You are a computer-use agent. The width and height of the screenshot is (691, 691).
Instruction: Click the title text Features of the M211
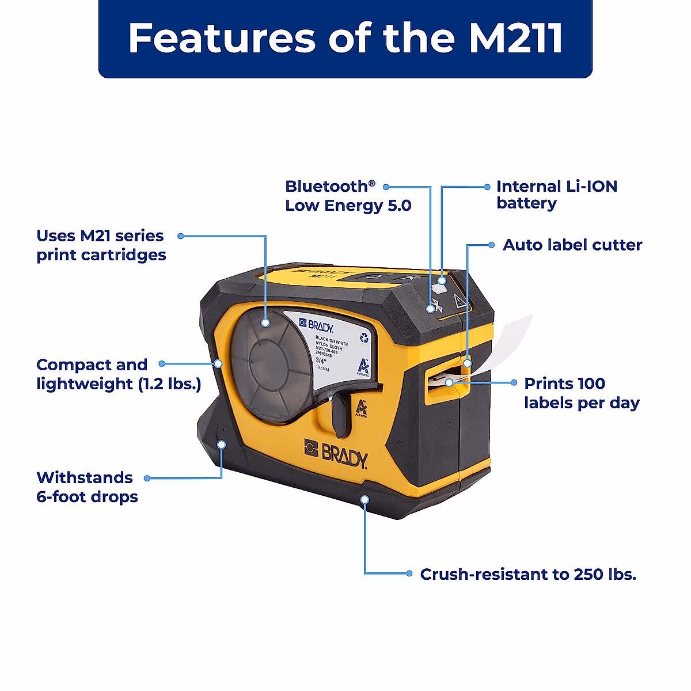(x=345, y=39)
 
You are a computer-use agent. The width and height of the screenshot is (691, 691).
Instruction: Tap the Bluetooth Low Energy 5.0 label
(x=348, y=196)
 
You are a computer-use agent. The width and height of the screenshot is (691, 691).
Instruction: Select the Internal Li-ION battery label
(x=556, y=195)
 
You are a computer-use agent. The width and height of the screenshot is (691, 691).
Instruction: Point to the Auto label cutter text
(x=572, y=245)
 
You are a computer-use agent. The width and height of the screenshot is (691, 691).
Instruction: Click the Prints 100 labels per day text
(x=582, y=393)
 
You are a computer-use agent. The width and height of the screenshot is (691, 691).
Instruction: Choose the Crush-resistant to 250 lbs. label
(x=528, y=574)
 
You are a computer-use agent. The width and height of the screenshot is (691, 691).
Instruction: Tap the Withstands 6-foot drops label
(x=87, y=487)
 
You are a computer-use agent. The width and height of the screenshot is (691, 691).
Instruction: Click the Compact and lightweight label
(x=119, y=374)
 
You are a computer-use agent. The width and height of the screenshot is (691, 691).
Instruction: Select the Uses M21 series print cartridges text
(x=101, y=245)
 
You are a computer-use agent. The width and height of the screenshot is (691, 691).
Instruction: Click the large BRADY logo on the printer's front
(x=336, y=453)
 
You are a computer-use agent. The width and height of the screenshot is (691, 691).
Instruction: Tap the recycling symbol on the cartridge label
(x=363, y=338)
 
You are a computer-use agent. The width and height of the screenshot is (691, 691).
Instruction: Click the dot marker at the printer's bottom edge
(x=364, y=499)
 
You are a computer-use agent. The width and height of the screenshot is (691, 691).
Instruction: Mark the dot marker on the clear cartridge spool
(x=265, y=323)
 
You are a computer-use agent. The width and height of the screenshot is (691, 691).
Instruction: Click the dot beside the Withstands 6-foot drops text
(x=147, y=478)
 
